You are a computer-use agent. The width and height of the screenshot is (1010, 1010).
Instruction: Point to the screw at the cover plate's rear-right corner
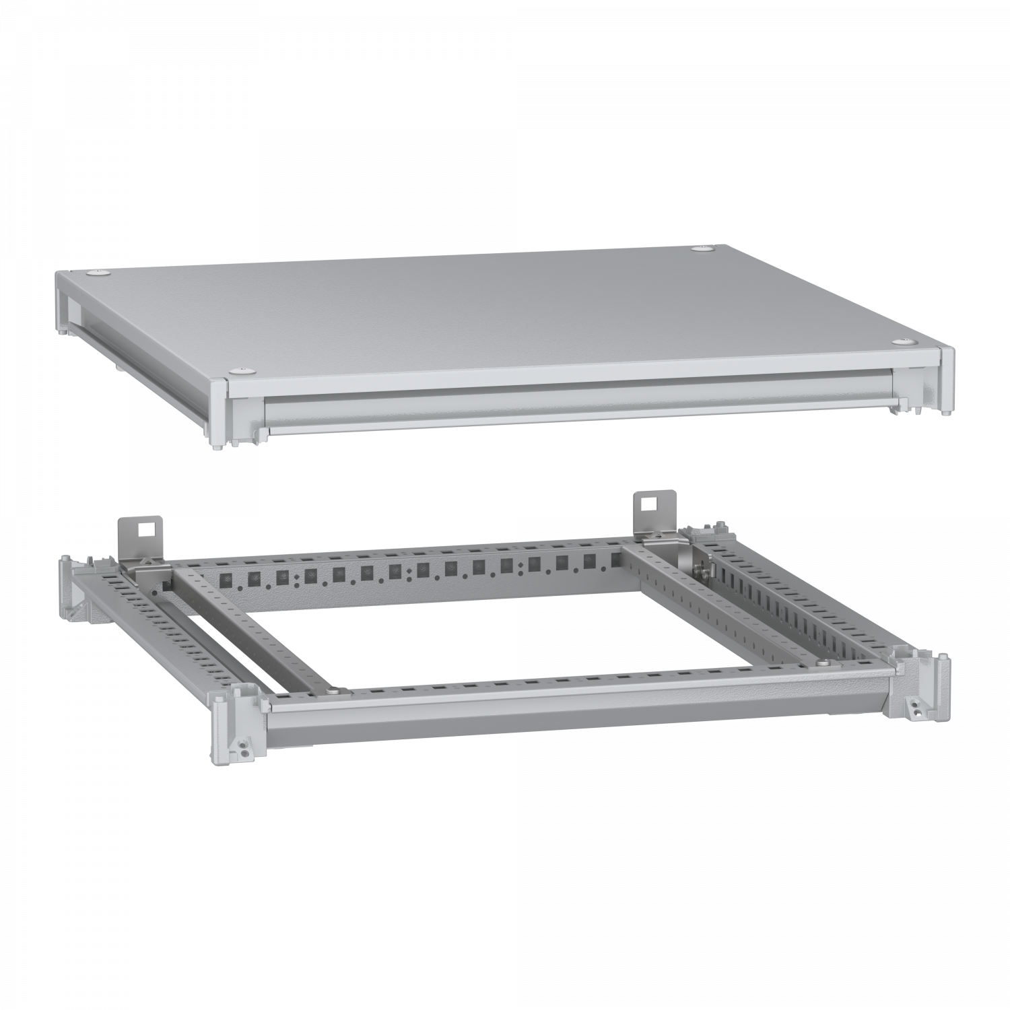(x=703, y=250)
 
